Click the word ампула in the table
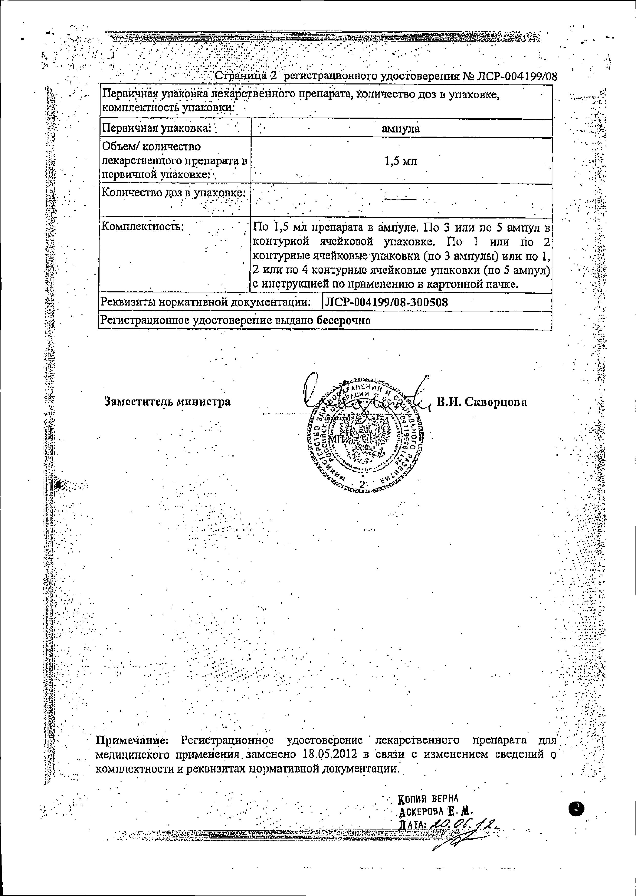[x=400, y=129]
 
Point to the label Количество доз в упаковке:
[x=174, y=193]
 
